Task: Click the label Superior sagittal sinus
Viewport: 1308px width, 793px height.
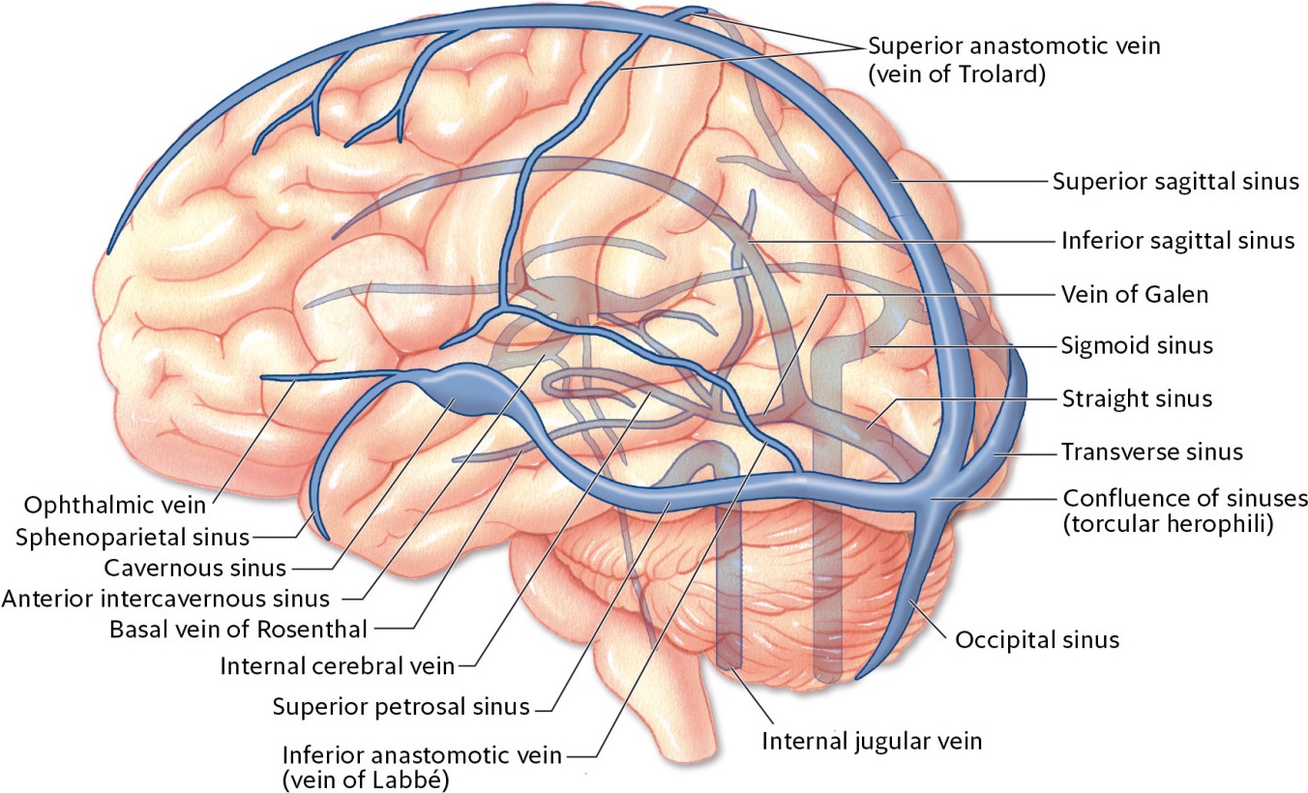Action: (1175, 181)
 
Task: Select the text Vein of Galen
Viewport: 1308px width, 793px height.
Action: (1135, 294)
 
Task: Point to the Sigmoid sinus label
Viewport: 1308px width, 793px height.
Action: (1137, 345)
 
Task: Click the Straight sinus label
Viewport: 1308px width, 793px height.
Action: (1137, 398)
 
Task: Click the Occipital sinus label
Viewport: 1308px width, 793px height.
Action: (1037, 639)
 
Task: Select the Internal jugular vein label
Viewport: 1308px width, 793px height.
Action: (872, 742)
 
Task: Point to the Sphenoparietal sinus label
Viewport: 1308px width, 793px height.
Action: (133, 537)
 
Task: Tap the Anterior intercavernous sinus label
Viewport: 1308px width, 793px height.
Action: (165, 599)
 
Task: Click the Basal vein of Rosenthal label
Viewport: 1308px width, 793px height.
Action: (238, 630)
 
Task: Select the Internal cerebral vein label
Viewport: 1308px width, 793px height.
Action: (336, 666)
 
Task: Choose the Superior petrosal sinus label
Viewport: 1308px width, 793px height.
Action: (401, 706)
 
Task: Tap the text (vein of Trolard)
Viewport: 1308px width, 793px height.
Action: (957, 74)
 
